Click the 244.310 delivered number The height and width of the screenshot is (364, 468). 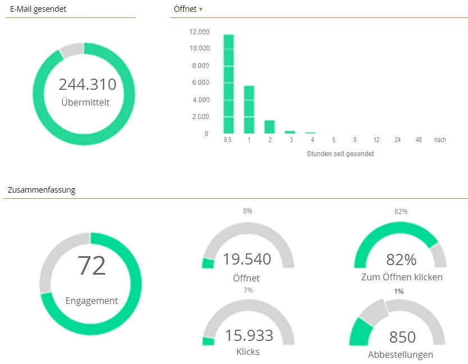pos(88,85)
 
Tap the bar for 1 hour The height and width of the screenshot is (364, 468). pos(249,110)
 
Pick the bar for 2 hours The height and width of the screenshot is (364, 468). pos(270,127)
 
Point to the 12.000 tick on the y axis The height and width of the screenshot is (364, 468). pos(199,31)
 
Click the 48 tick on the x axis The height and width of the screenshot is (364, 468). pos(419,140)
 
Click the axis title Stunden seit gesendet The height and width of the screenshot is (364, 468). pos(340,154)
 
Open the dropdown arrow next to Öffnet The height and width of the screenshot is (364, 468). pos(201,10)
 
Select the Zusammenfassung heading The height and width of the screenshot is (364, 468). pos(42,190)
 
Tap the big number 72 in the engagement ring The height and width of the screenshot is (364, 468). pos(92,266)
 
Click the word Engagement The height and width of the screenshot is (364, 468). pos(92,301)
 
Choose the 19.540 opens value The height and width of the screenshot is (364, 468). pos(247,260)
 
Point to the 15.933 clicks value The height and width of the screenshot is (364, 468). pos(249,336)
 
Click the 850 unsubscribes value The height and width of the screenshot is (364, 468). pos(402,337)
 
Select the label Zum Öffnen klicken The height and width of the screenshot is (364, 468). pos(402,277)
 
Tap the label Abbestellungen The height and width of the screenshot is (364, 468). pos(401,354)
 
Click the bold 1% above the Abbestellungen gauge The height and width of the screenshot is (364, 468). pos(399,292)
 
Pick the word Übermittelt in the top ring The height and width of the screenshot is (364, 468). pos(85,102)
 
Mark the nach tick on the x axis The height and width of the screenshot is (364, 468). pos(440,140)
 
